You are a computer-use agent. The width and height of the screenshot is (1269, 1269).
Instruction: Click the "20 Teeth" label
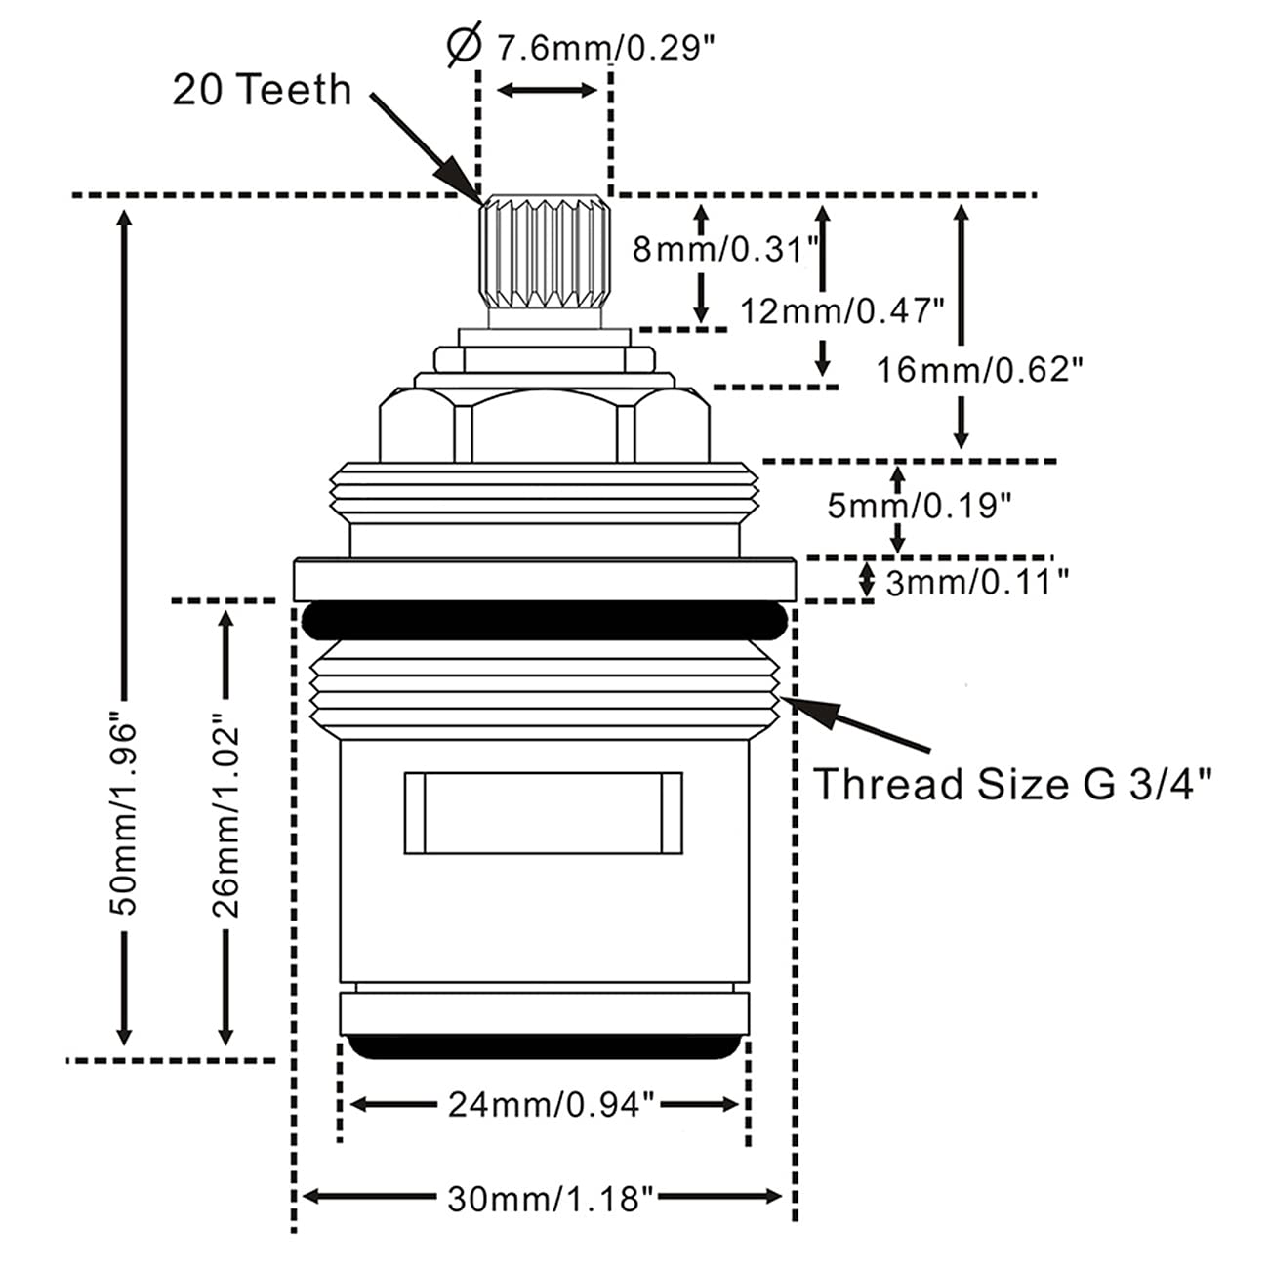pos(262,90)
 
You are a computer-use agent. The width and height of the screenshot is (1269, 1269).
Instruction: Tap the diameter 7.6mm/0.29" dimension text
pos(605,48)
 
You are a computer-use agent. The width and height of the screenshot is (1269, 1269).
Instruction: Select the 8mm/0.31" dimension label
pos(725,250)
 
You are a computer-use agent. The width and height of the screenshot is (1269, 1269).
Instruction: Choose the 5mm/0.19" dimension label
pos(920,506)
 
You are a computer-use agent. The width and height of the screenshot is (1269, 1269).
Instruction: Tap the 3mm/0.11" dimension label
pos(977,582)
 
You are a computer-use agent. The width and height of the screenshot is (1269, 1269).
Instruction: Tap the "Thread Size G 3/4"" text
pos(1013,784)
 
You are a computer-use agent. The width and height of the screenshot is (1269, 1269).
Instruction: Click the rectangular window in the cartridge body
pos(544,813)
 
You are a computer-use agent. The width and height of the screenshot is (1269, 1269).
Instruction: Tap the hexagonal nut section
pos(545,424)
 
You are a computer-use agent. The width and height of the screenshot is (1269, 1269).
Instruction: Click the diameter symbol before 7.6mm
pos(465,45)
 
